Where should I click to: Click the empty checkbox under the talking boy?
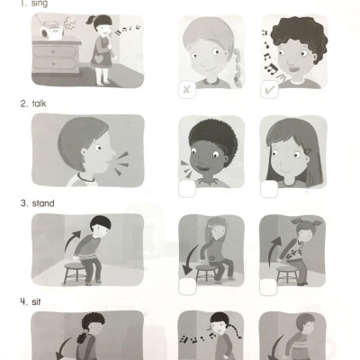pos(188,188)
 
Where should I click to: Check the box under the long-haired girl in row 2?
pos(268,188)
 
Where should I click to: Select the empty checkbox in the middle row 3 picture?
pos(188,287)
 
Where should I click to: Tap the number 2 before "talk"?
pos(23,103)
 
